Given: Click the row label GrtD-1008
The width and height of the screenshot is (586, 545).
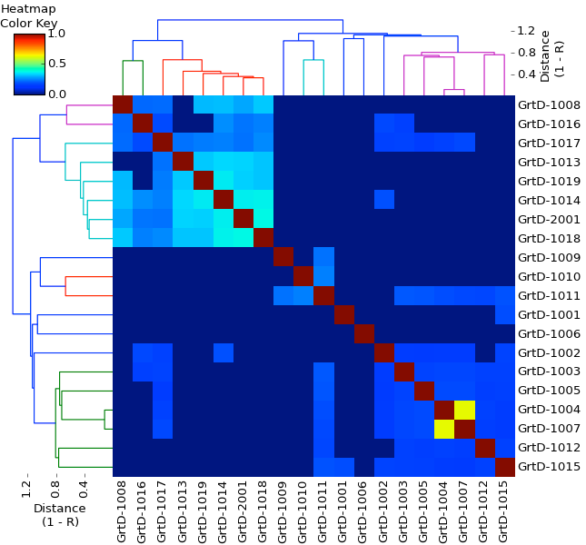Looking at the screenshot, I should coord(548,105).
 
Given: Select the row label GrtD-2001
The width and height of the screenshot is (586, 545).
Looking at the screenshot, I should coord(548,219).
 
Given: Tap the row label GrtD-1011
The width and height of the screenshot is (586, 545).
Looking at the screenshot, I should coord(548,296).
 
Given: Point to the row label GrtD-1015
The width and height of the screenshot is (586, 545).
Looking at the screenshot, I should coord(548,467).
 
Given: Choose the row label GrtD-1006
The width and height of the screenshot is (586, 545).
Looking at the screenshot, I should coord(548,334).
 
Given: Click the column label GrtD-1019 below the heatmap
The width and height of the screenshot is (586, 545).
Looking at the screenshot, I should coord(202,510).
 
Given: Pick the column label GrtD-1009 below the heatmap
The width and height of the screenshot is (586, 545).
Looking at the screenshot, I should coord(283,510).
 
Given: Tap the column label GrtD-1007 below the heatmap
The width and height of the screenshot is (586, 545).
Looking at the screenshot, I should coord(462,510).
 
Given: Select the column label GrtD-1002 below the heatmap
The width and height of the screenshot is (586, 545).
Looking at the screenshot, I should coord(382,510).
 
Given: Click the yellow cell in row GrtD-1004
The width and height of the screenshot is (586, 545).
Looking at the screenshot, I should coord(463,410).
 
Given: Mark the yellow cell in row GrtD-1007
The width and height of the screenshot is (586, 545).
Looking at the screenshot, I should coord(443,429).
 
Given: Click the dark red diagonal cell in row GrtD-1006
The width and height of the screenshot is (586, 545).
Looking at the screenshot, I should coord(363,333).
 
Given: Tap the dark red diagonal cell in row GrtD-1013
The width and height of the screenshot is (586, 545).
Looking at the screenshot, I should coord(183,162).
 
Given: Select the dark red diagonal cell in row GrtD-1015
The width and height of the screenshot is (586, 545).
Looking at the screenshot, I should coord(503,467).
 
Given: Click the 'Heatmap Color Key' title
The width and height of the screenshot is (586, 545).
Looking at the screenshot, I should coord(28,15).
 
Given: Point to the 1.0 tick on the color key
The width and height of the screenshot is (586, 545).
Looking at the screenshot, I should coord(56,34).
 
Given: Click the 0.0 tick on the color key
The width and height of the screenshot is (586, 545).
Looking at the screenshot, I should coord(56,94).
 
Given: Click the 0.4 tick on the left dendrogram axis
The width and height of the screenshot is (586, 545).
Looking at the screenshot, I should coord(84,491).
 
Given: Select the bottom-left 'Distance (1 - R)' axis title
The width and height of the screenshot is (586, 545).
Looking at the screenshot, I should coord(60,515).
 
